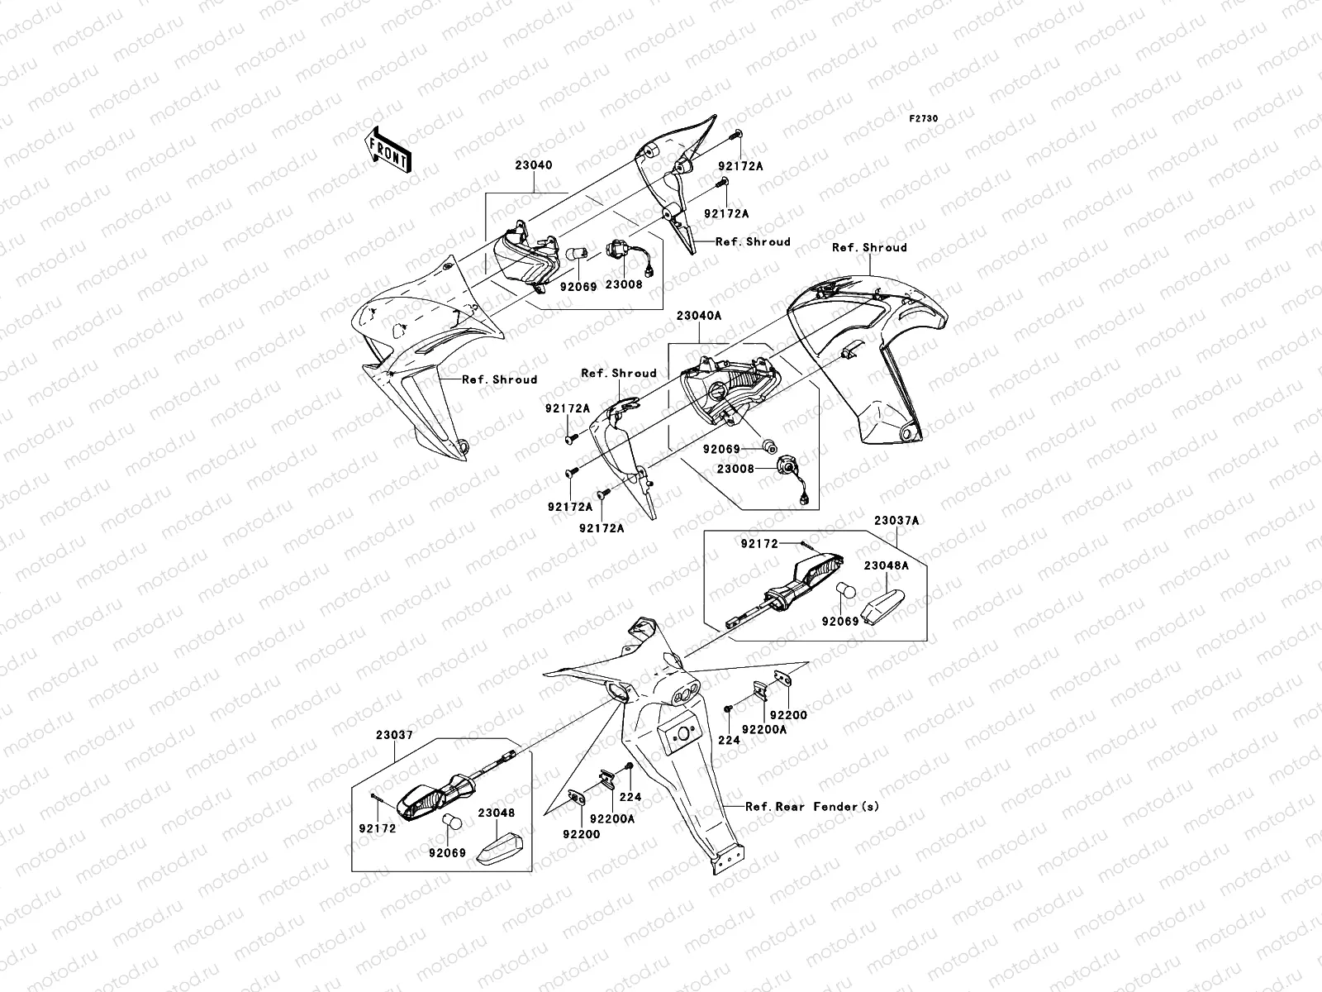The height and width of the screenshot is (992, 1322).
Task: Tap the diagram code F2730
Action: pyautogui.click(x=924, y=119)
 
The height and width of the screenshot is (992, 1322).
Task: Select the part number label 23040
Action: pyautogui.click(x=534, y=165)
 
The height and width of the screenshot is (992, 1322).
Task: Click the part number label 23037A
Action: pyautogui.click(x=896, y=522)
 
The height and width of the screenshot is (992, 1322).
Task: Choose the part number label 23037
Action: pyautogui.click(x=395, y=735)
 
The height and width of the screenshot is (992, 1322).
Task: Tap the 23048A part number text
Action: pyautogui.click(x=886, y=566)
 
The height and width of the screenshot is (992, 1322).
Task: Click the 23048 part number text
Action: pyautogui.click(x=497, y=813)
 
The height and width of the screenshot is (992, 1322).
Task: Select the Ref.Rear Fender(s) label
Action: pyautogui.click(x=812, y=806)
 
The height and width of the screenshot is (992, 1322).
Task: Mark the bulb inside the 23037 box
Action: pyautogui.click(x=452, y=821)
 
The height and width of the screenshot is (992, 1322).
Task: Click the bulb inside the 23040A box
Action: pyautogui.click(x=768, y=447)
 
